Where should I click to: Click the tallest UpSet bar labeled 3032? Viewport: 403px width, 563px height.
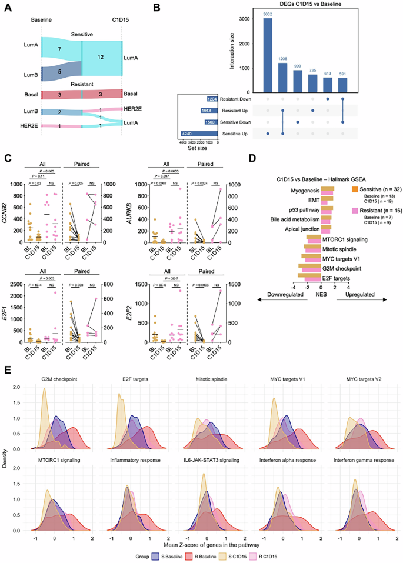[268, 55]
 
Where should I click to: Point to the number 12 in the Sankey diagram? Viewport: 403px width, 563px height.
[101, 58]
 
